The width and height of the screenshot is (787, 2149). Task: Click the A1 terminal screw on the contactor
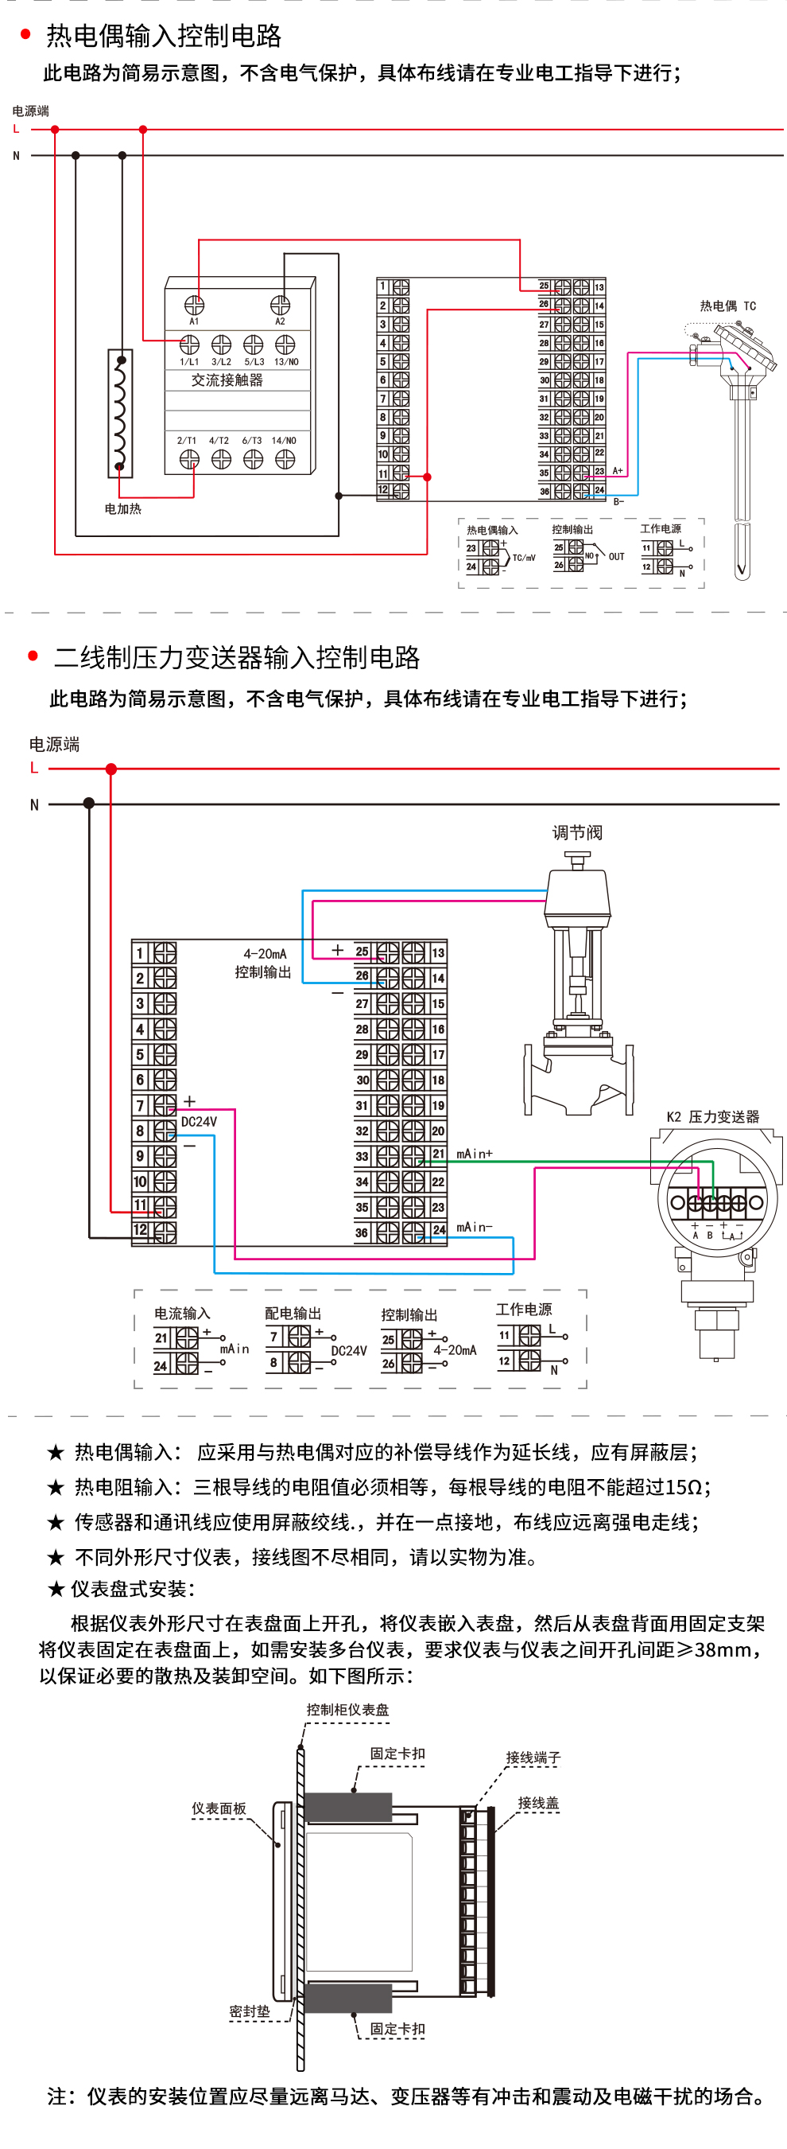click(194, 306)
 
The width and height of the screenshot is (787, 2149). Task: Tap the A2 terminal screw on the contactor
click(280, 306)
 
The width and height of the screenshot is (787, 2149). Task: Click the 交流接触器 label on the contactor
click(227, 380)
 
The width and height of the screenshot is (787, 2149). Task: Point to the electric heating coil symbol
click(120, 413)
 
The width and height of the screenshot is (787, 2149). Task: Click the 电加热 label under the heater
click(122, 509)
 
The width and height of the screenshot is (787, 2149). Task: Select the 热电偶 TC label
click(727, 306)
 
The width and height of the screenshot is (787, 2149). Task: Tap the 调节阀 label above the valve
click(576, 832)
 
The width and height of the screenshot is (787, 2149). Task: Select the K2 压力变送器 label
click(713, 1117)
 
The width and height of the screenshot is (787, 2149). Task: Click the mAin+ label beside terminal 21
click(475, 1154)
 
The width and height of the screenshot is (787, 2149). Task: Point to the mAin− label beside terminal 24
click(475, 1227)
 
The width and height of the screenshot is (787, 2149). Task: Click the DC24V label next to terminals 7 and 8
click(199, 1122)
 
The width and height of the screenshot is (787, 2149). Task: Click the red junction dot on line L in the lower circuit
click(110, 769)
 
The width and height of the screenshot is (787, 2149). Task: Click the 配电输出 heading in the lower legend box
click(293, 1313)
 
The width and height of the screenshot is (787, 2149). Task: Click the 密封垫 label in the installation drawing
click(250, 2011)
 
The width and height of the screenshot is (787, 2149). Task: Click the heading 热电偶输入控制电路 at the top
click(164, 36)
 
